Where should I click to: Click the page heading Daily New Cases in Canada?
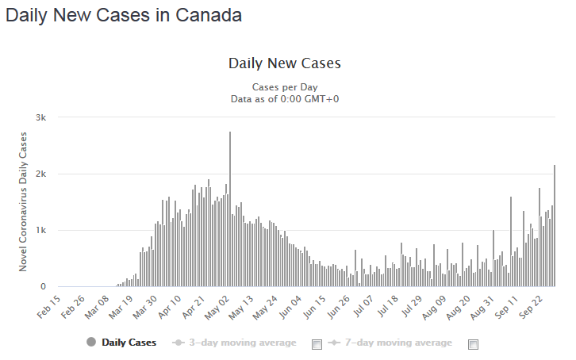click(x=124, y=15)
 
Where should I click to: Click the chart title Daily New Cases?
click(x=284, y=63)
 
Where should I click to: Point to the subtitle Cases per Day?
click(x=284, y=86)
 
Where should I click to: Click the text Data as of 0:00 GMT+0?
click(x=284, y=98)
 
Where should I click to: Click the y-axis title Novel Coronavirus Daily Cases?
click(x=23, y=202)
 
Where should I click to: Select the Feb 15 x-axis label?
click(x=49, y=308)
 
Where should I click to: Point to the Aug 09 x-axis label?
click(x=436, y=308)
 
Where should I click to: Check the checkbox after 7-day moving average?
click(x=474, y=344)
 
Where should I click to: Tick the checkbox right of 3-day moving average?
click(x=317, y=344)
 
